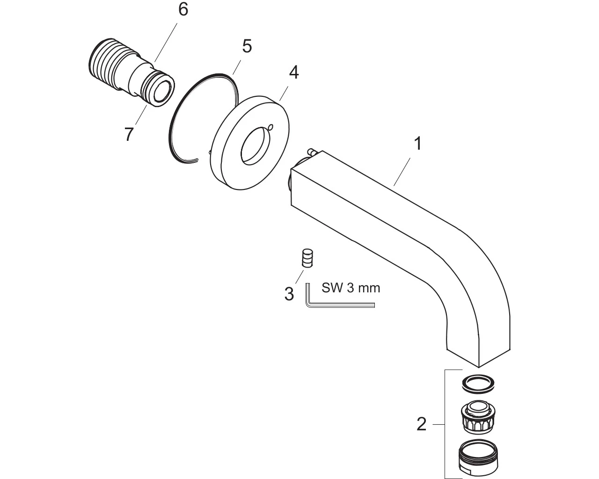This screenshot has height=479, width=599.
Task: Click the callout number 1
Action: pos(417,144)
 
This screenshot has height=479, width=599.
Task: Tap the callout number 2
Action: pos(421,425)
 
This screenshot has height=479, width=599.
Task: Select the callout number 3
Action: pos(289,294)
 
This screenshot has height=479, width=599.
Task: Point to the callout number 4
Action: pos(293,73)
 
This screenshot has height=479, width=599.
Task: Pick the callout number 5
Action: pos(247,46)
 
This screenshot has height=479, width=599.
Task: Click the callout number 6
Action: pos(183,10)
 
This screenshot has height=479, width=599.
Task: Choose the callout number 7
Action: pos(129,134)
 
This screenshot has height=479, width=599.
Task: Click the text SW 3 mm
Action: pos(351,288)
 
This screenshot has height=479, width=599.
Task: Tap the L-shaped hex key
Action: pos(328,304)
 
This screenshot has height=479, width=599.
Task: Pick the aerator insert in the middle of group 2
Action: pos(478,417)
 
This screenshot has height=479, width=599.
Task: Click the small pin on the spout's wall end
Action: pos(311,152)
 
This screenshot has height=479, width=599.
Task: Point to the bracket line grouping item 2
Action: pos(445,424)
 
